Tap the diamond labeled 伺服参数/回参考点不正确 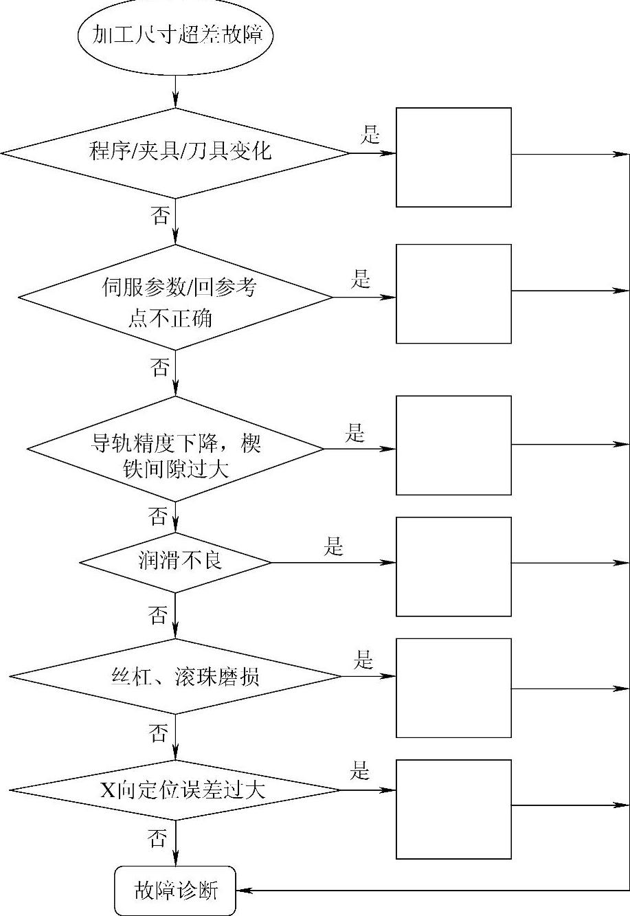click(x=176, y=298)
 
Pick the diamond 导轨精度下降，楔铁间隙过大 click(x=176, y=449)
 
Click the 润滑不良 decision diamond click(x=176, y=562)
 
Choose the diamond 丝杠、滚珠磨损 click(x=176, y=676)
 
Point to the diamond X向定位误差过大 click(x=176, y=790)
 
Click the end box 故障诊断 click(x=175, y=891)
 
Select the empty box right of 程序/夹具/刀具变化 click(x=453, y=157)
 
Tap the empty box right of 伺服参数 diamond click(x=453, y=293)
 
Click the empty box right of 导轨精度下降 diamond click(x=453, y=445)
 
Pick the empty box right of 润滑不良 click(x=453, y=566)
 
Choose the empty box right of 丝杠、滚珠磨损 click(x=453, y=687)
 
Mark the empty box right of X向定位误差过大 click(x=453, y=809)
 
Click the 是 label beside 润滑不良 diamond click(x=333, y=548)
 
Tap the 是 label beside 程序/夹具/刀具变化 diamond click(x=370, y=135)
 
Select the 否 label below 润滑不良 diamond click(x=157, y=615)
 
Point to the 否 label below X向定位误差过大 click(x=157, y=837)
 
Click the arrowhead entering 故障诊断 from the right click(x=242, y=891)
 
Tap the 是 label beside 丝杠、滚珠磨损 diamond click(x=363, y=661)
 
